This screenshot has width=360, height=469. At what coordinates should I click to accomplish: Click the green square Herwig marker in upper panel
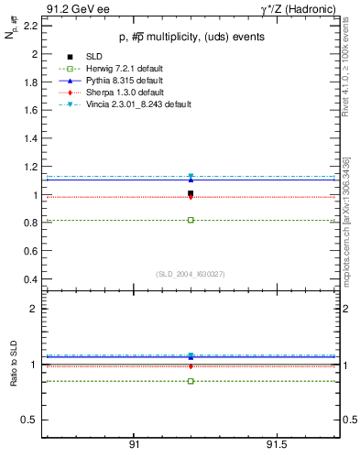191,220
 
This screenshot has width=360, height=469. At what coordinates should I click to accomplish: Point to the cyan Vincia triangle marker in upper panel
191,176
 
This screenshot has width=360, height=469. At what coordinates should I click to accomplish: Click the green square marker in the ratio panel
191,381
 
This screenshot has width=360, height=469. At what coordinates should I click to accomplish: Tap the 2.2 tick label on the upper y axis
29,26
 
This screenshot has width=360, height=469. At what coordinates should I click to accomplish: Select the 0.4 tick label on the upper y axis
29,278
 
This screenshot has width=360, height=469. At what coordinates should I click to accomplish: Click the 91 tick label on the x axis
134,443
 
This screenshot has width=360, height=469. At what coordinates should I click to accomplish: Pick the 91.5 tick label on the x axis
276,443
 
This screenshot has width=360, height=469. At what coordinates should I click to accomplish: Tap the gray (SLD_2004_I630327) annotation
191,273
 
